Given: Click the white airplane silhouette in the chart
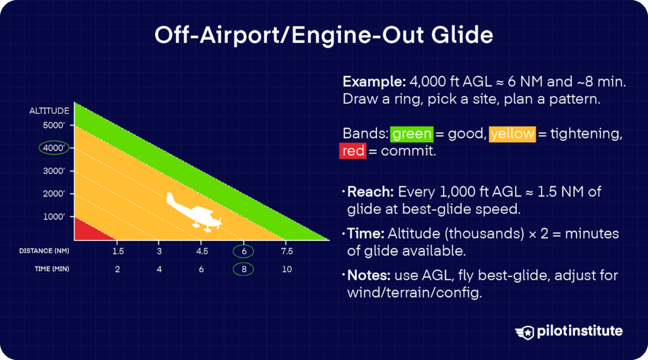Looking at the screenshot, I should [193, 210].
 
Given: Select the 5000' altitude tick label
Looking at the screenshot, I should [54, 125].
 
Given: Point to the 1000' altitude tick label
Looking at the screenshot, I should [54, 217].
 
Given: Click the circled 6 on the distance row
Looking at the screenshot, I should [243, 251].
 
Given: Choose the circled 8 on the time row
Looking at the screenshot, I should [243, 269].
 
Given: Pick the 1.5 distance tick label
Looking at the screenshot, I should [118, 251].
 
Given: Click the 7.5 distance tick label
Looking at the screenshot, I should [286, 251].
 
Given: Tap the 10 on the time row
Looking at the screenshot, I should [286, 269].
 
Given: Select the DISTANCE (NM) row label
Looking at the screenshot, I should [44, 251].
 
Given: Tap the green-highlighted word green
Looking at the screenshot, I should [411, 134].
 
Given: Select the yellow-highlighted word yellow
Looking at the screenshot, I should [512, 134].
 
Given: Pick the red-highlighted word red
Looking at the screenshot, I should [352, 152].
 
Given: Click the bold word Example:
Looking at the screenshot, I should [369, 82].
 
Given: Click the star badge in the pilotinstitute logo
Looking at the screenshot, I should [525, 332].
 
